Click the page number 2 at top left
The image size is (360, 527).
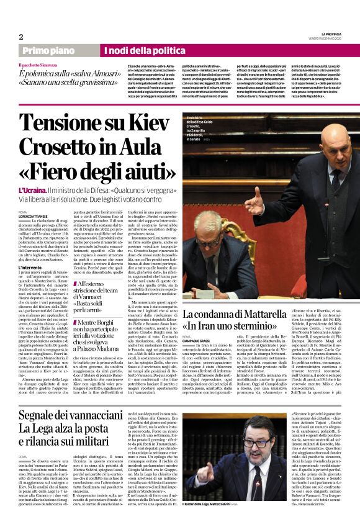pyautogui.click(x=20, y=37)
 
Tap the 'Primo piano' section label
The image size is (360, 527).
pyautogui.click(x=47, y=50)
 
